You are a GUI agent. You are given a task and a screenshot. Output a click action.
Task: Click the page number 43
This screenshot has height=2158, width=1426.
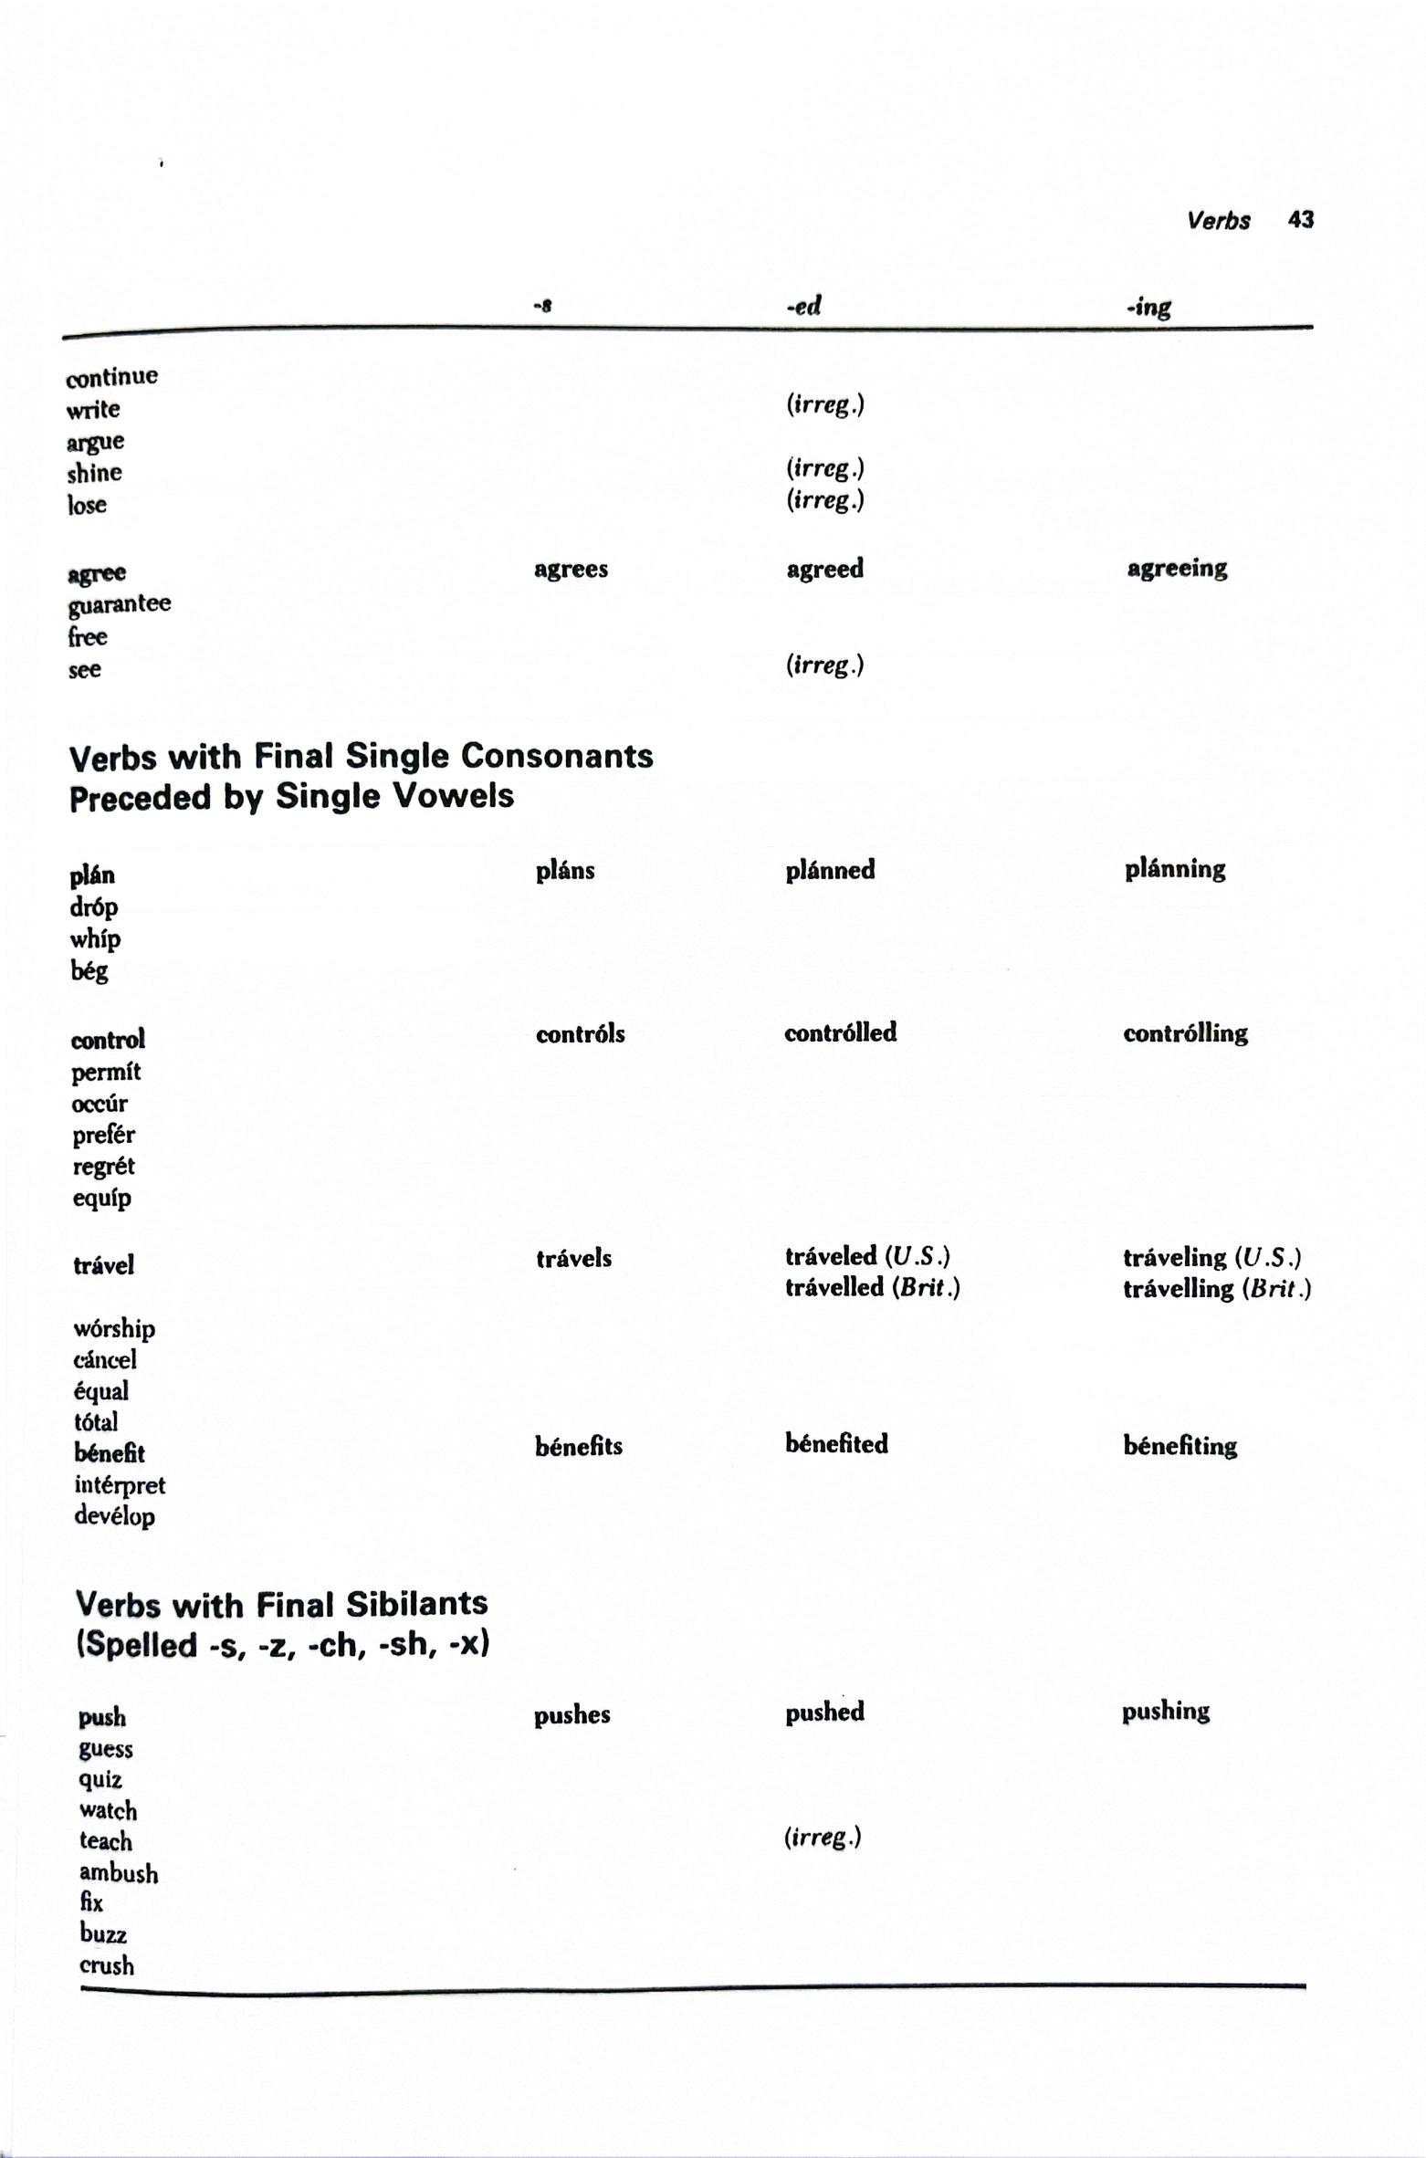point(1300,220)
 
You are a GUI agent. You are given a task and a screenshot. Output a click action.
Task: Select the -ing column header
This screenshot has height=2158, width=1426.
point(1148,307)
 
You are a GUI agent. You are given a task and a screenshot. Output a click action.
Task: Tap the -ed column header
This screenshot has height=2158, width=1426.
point(803,307)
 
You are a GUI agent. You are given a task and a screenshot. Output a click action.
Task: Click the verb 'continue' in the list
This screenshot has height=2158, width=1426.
point(111,376)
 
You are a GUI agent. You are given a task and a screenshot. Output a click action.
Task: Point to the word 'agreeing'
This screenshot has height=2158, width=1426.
point(1176,569)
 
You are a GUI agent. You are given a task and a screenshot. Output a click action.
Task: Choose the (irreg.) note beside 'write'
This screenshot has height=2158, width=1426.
point(824,404)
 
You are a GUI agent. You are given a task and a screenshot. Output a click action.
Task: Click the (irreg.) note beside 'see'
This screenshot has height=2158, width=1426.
point(824,665)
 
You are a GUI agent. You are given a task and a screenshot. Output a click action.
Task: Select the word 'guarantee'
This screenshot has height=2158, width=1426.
point(120,604)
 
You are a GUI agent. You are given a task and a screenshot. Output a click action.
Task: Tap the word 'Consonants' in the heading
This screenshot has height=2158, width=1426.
point(557,756)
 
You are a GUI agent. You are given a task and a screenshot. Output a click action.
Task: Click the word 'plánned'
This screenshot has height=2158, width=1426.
point(829,870)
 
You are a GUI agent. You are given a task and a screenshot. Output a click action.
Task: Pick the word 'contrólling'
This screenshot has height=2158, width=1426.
point(1184,1033)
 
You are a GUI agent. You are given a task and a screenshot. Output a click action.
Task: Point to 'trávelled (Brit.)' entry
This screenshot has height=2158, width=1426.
point(872,1287)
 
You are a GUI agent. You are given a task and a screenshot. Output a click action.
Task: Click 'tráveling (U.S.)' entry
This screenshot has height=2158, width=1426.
point(1211,1257)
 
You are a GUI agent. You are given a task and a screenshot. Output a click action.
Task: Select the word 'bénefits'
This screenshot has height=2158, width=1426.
point(578,1446)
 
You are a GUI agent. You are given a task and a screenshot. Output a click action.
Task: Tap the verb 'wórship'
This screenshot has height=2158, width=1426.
point(114,1328)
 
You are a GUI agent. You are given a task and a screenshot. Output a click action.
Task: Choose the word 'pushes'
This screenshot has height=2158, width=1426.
point(571,1714)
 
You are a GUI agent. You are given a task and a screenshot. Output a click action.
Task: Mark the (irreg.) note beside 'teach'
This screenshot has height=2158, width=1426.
point(822,1837)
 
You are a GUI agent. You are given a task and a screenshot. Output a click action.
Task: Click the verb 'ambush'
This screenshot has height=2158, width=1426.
point(119,1873)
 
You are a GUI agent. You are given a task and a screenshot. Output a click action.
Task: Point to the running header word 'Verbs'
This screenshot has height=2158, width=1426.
point(1218,221)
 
